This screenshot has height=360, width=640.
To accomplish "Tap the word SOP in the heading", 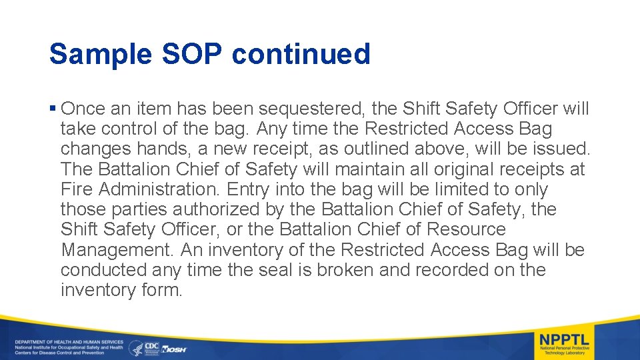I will pos(192,54).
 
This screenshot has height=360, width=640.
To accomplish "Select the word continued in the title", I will pos(301,54).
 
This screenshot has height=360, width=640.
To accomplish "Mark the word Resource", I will pos(466,229).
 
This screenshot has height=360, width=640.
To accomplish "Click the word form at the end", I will pos(161,290).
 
